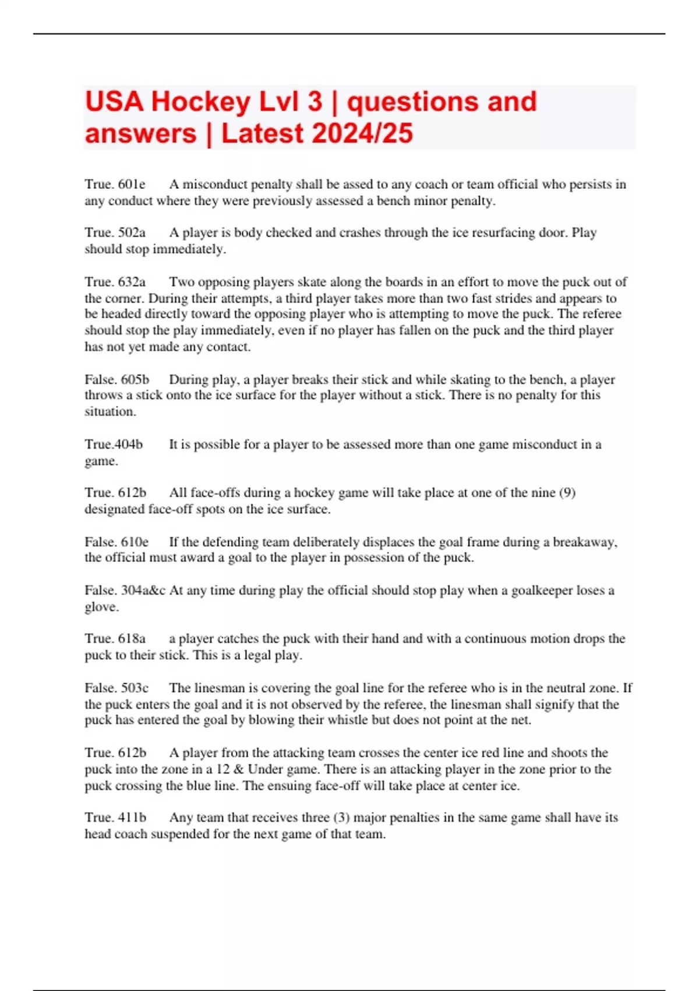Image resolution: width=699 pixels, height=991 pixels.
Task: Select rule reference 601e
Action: point(132,185)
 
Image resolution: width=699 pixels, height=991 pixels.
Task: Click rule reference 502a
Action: point(132,233)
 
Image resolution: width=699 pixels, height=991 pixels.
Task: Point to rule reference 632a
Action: point(132,282)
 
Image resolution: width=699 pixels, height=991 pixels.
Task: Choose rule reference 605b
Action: point(135,379)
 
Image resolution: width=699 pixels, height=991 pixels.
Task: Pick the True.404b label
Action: point(114,444)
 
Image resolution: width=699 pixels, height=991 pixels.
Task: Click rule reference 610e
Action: point(135,542)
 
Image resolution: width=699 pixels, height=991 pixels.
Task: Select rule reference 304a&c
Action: point(143,591)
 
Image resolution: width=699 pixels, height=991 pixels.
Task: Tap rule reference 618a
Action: point(132,639)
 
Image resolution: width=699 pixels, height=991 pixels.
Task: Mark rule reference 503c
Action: point(135,688)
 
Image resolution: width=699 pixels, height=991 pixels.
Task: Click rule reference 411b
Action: point(132,817)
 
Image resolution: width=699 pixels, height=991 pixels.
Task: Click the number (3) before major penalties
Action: point(341,817)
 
